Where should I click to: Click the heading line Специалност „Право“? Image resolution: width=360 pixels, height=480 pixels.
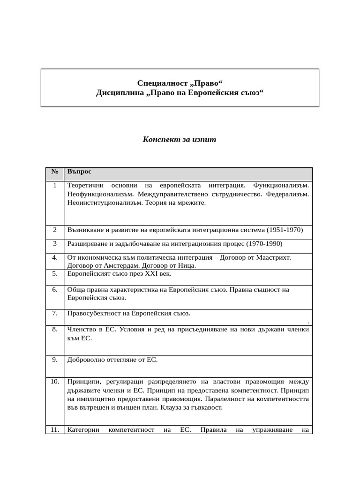click(180, 83)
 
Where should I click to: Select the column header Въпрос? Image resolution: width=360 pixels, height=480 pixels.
click(79, 172)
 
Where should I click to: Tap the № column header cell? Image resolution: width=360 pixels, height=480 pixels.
click(54, 172)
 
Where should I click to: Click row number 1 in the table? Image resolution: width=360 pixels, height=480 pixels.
click(55, 185)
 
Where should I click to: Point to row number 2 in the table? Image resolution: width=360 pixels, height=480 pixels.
click(55, 230)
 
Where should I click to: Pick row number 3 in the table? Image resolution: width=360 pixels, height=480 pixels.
click(55, 244)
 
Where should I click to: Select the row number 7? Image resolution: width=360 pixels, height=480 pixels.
click(55, 313)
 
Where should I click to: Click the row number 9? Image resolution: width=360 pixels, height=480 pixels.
click(55, 360)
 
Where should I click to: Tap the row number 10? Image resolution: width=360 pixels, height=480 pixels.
click(55, 381)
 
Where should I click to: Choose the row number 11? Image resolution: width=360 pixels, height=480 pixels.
click(55, 429)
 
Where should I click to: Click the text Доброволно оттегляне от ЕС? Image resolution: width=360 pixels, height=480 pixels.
click(112, 360)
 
